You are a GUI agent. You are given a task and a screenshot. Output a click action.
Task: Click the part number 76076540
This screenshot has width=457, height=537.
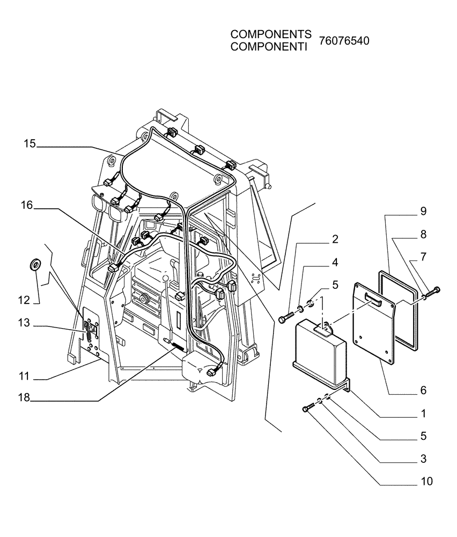click(344, 41)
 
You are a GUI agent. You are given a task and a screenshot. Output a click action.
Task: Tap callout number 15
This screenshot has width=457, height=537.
click(30, 143)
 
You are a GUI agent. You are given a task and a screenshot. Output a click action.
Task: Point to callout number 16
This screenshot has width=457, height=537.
click(28, 205)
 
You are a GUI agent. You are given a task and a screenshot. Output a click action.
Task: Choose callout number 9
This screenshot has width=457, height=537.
click(423, 211)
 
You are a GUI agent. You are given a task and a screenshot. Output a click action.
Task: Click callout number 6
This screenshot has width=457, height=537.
click(423, 390)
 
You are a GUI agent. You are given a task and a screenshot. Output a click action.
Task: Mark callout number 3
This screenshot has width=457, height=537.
click(423, 459)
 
